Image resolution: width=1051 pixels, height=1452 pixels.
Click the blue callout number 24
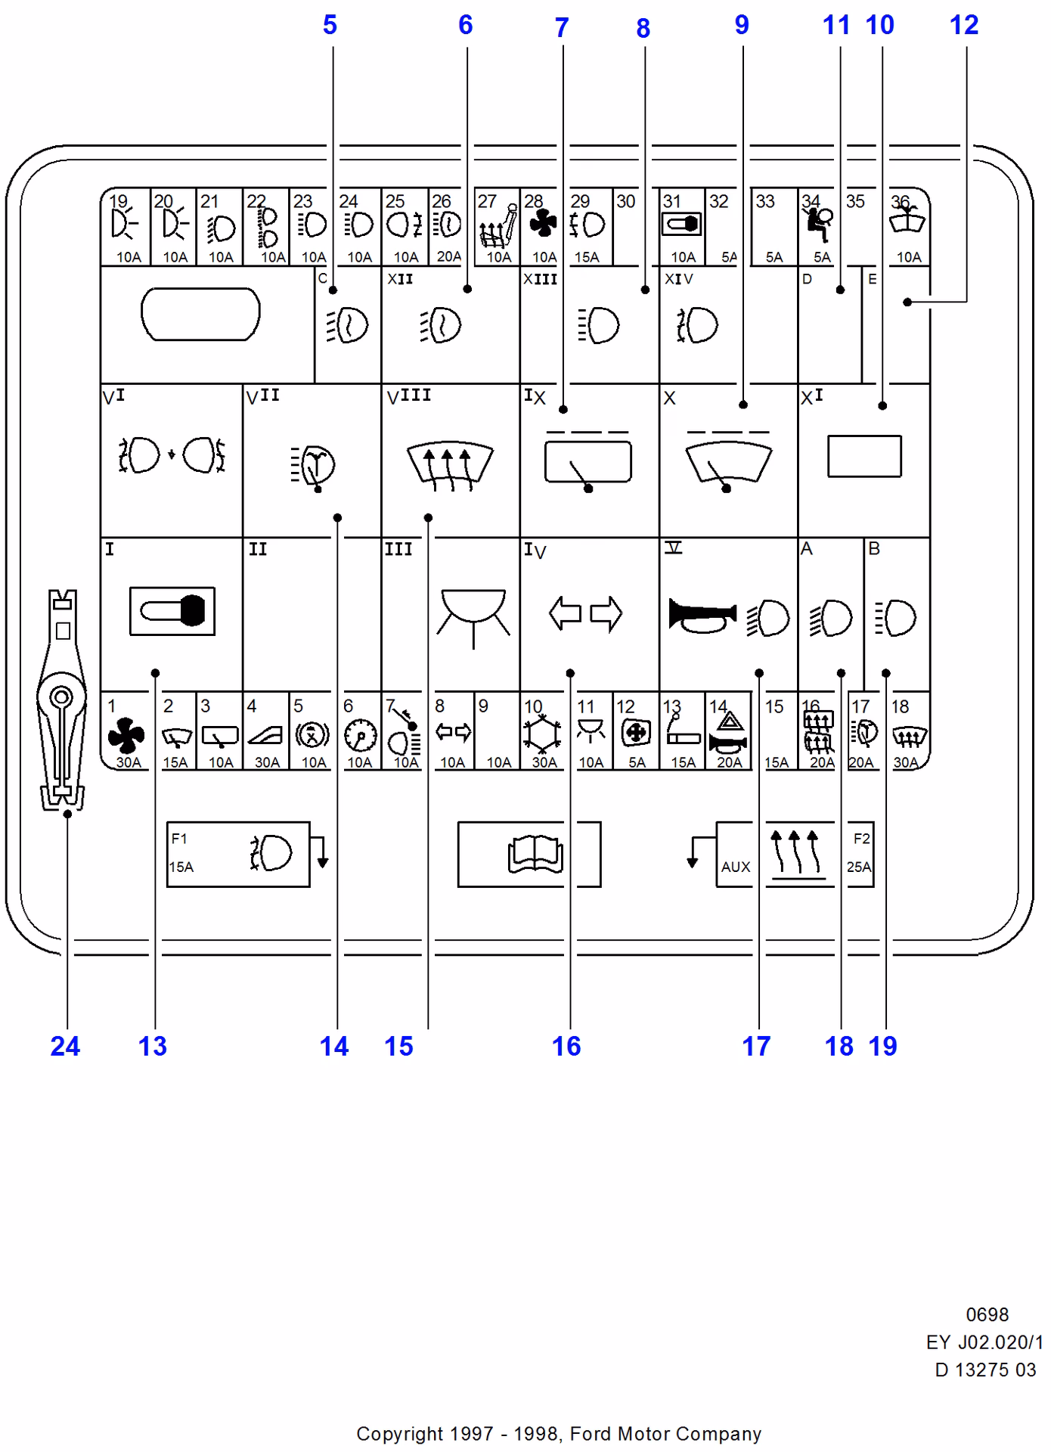pyautogui.click(x=65, y=1046)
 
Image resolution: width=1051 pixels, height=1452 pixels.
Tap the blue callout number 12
pyautogui.click(x=964, y=25)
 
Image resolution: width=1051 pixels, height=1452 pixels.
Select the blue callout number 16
pyautogui.click(x=566, y=1046)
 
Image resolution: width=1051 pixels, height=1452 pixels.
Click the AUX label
pyautogui.click(x=735, y=867)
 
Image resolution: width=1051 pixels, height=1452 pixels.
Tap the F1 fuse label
pyautogui.click(x=179, y=839)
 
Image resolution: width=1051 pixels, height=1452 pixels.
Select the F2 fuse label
pyautogui.click(x=861, y=839)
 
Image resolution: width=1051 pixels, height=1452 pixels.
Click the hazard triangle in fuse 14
pyautogui.click(x=729, y=720)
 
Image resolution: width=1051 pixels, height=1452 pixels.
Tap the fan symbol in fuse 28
pyautogui.click(x=543, y=224)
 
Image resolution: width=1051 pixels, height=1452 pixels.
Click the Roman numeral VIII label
pyautogui.click(x=408, y=396)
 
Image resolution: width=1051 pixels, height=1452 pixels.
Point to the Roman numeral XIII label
pyautogui.click(x=540, y=279)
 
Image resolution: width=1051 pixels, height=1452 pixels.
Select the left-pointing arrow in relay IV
pyautogui.click(x=565, y=613)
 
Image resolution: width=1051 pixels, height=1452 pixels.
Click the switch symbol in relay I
pyautogui.click(x=172, y=610)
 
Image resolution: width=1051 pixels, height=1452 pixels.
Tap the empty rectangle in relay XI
pyautogui.click(x=864, y=456)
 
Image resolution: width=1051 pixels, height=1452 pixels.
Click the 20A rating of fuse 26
pyautogui.click(x=448, y=256)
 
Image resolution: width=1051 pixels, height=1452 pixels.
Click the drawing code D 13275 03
pyautogui.click(x=985, y=1370)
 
